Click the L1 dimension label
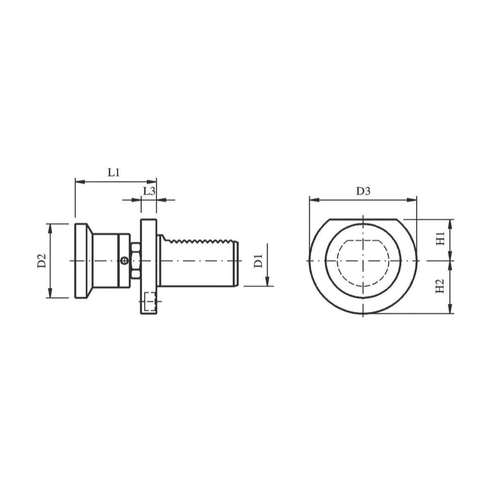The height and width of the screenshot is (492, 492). [x=114, y=173]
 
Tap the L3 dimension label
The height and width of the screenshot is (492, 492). [x=149, y=191]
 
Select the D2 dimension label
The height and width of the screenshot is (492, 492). [x=42, y=261]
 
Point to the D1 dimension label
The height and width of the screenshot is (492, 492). [x=259, y=261]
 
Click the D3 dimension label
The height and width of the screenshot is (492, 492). [x=363, y=191]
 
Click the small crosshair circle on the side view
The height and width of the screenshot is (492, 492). [x=124, y=261]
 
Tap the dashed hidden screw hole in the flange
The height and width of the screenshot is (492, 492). [x=150, y=301]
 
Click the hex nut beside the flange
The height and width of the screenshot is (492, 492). [x=135, y=260]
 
